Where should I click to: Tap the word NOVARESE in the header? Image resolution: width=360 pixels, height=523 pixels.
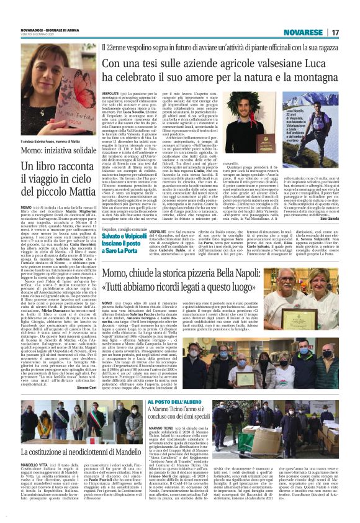[301, 32]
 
